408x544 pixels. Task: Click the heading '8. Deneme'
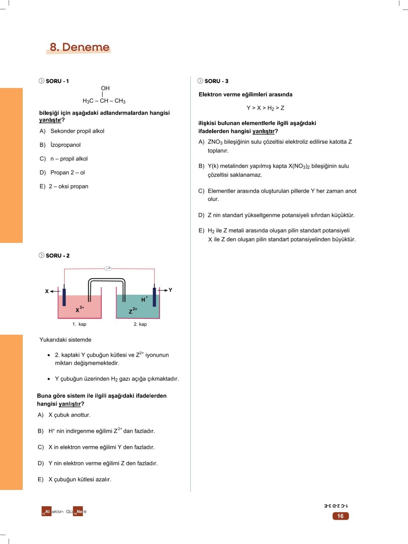(80, 47)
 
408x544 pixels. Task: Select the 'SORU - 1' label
(57, 81)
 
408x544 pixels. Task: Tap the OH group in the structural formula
(105, 88)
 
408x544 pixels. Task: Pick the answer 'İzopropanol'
(65, 145)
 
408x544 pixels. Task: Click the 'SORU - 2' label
(57, 256)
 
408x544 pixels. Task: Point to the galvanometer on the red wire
(108, 268)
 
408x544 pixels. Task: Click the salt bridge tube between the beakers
(107, 279)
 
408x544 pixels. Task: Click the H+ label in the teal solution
(144, 299)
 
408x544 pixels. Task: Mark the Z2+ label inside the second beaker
(133, 310)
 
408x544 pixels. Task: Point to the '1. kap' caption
(79, 324)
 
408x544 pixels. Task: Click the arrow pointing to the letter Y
(163, 290)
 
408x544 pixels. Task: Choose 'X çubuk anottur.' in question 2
(69, 415)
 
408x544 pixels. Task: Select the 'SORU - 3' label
(216, 81)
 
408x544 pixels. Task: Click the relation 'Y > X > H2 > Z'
(265, 108)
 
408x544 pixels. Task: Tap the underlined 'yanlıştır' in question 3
(263, 131)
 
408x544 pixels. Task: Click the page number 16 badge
(340, 516)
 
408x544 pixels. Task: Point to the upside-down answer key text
(336, 506)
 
